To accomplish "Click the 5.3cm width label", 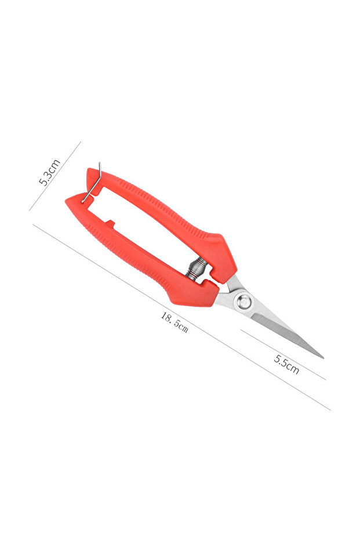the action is click(x=49, y=172).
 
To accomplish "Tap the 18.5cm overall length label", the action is click(x=174, y=322).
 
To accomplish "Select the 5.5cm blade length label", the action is click(x=286, y=364).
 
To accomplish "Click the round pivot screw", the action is click(x=243, y=302).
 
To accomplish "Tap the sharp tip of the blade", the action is click(x=323, y=358).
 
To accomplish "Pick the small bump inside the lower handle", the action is click(x=110, y=223).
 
